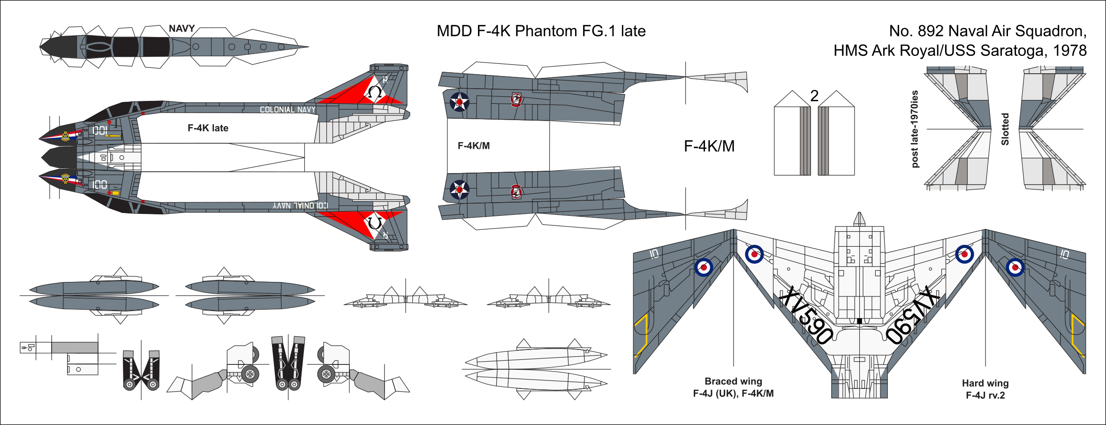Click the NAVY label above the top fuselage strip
[x=182, y=29]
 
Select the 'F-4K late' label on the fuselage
[x=208, y=128]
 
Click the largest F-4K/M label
[x=709, y=146]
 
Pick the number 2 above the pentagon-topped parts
[x=814, y=96]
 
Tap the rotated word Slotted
[x=1005, y=129]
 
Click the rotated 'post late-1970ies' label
[x=915, y=129]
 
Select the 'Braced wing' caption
[x=733, y=381]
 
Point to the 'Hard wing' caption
[x=985, y=383]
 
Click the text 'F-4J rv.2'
[x=985, y=395]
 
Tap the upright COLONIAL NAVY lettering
[x=288, y=110]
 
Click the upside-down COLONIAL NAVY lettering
[x=301, y=206]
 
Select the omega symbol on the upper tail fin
[x=374, y=92]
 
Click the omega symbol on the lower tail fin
[x=374, y=223]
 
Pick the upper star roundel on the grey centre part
[x=459, y=102]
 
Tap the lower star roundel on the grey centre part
[x=459, y=190]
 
